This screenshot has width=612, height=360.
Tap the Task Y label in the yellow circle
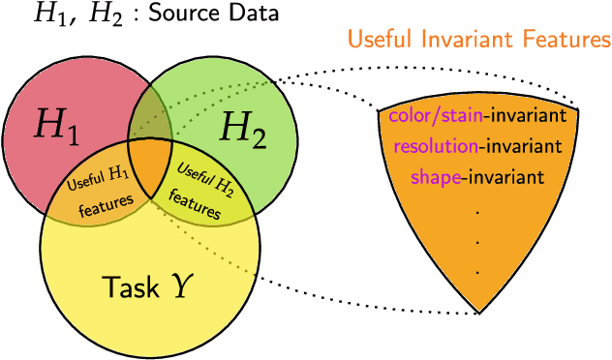pyautogui.click(x=144, y=285)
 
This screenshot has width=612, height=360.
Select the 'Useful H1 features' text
pyautogui.click(x=96, y=189)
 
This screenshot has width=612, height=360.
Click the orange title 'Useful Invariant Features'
pyautogui.click(x=478, y=40)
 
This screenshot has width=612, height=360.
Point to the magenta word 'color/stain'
pyautogui.click(x=436, y=117)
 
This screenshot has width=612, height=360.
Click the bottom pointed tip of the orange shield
pyautogui.click(x=479, y=312)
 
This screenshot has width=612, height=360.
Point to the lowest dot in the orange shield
pyautogui.click(x=477, y=273)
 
